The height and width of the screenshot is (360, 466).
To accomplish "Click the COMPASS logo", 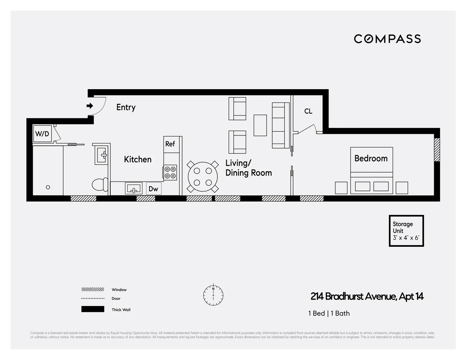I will (x=387, y=39).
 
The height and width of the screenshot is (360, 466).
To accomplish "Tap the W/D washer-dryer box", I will (x=42, y=134).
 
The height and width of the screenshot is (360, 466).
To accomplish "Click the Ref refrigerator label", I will (x=170, y=144).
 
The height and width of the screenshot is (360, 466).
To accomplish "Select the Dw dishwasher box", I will (x=153, y=189).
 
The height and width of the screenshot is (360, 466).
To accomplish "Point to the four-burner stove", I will (x=170, y=172).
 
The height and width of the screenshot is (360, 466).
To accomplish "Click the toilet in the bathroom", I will (x=100, y=184).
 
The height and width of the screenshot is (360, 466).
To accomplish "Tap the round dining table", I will (x=202, y=177).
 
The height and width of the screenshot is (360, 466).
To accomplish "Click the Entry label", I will (x=126, y=107).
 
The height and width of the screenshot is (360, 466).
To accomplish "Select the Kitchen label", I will (x=137, y=159).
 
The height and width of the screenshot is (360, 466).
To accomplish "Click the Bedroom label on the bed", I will (x=371, y=158).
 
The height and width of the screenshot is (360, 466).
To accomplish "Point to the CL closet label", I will (x=308, y=111).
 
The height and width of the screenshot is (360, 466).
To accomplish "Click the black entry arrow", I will (x=90, y=106).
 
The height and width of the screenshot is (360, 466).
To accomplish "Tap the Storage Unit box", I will (x=406, y=231).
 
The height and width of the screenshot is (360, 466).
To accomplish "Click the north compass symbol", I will (x=213, y=295).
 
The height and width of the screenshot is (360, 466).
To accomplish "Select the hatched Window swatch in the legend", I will (x=93, y=289).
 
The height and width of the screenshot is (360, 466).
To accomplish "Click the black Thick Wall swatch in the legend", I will (x=93, y=309).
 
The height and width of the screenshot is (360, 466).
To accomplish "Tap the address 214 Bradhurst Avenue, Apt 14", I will (x=367, y=297).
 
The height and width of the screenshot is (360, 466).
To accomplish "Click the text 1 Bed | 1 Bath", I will (x=329, y=313).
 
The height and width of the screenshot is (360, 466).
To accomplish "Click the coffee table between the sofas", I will (x=260, y=125).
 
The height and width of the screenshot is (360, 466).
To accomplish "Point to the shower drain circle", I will (x=48, y=187).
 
